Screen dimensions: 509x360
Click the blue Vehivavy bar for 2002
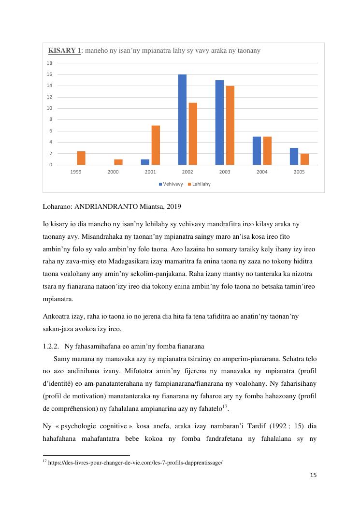coord(182,120)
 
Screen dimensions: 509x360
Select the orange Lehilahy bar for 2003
coord(230,126)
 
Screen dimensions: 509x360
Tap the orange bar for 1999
coord(81,158)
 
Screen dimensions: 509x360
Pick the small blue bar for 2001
coord(145,162)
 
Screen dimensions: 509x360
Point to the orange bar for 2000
coord(118,162)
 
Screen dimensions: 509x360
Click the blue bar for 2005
coord(294,156)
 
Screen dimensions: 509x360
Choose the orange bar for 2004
coord(267,151)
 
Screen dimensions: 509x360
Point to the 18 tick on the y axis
coord(49,63)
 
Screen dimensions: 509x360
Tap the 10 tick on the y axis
coord(49,108)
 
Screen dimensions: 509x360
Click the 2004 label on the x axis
coord(262,172)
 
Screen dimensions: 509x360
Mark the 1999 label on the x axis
coord(76,172)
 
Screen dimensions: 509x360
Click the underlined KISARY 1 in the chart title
coord(65,51)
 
